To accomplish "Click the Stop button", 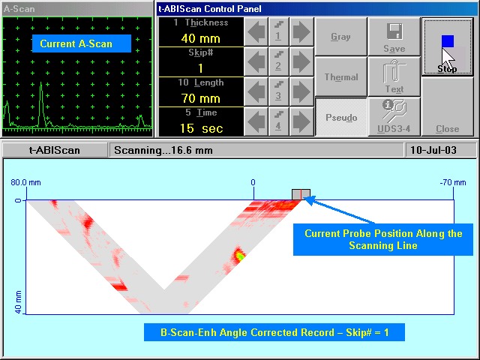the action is coord(447,46).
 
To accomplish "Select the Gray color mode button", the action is coord(340,37).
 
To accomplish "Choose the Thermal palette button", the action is coord(340,76).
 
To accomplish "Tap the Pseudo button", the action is coord(341,117).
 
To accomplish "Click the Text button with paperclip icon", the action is coord(394,76).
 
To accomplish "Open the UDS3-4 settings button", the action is coord(394,117).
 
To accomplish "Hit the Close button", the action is coord(447,106).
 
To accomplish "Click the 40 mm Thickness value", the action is coord(201,38).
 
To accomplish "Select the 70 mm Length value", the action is coord(201,98).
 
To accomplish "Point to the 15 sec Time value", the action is coord(201,128).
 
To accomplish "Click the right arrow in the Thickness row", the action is coord(301,31).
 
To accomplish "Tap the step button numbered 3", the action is coord(278,91).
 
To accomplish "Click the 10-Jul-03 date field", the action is coord(433,150).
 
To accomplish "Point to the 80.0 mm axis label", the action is coord(25,182).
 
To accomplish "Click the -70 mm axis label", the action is coord(453,182).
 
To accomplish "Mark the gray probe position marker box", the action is coord(301,194).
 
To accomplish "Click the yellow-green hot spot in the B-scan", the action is coord(240,255).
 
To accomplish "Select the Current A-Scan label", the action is coord(76,43).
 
